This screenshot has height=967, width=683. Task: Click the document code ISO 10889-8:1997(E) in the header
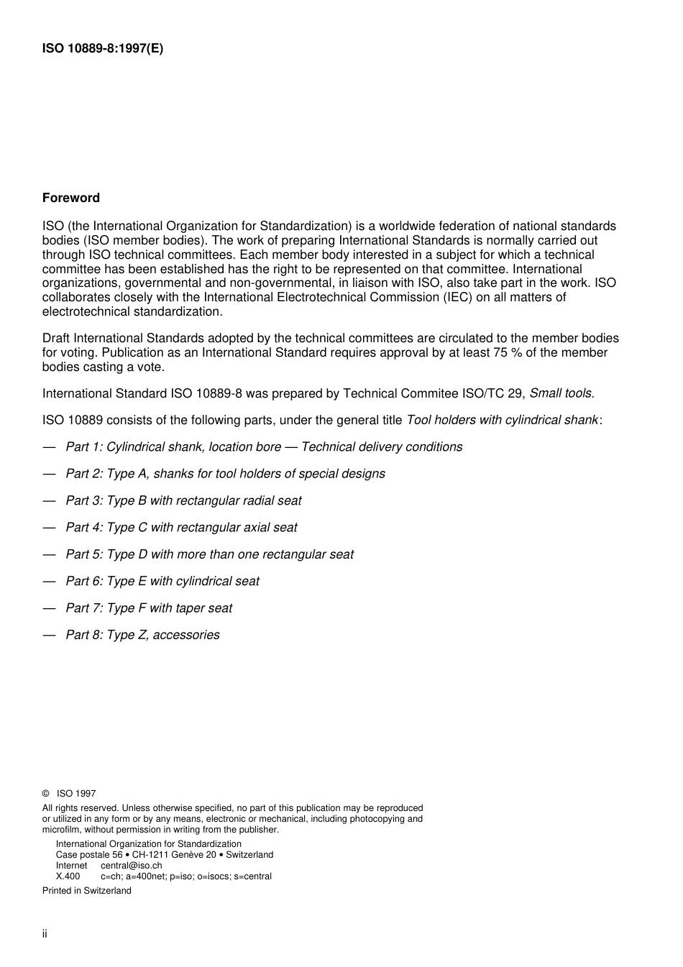coord(103,49)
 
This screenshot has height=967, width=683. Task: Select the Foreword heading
coord(71,198)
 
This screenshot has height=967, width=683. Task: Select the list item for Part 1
coord(264,446)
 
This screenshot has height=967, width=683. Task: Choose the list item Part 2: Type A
coord(225,474)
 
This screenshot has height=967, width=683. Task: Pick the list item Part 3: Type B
coord(183,500)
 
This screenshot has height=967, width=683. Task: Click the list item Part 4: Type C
coord(181,527)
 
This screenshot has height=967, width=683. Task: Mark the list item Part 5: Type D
coord(209,554)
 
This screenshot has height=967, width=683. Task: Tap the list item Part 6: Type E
coord(162,581)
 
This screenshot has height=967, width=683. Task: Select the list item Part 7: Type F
coord(149,608)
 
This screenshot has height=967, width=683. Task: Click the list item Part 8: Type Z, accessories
coord(142,635)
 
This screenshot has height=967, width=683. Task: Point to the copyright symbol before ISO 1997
coord(46,794)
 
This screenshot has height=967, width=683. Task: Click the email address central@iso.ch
coord(131,866)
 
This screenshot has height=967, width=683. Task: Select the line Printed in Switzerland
coord(87,891)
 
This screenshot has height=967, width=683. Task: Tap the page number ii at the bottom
coord(45,934)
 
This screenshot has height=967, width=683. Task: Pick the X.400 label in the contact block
coord(68,876)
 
